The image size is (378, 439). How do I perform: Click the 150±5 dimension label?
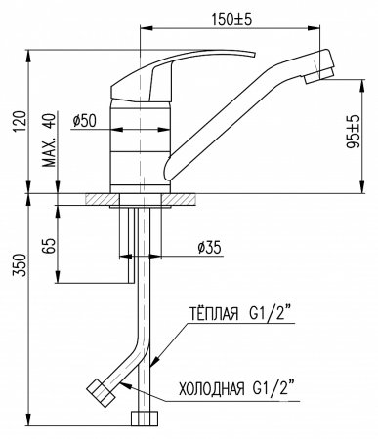pos(231,20)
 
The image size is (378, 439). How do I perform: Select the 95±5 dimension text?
pos(353,132)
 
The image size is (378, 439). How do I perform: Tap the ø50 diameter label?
pos(85,121)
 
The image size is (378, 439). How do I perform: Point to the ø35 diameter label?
pos(209,248)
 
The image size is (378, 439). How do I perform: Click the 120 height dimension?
pos(21,122)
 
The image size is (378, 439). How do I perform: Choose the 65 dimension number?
pos(49,246)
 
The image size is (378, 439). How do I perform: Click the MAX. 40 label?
pos(49,140)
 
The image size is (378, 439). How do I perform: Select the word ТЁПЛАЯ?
pos(214,314)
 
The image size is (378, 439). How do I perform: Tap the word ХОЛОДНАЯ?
pos(212,388)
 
